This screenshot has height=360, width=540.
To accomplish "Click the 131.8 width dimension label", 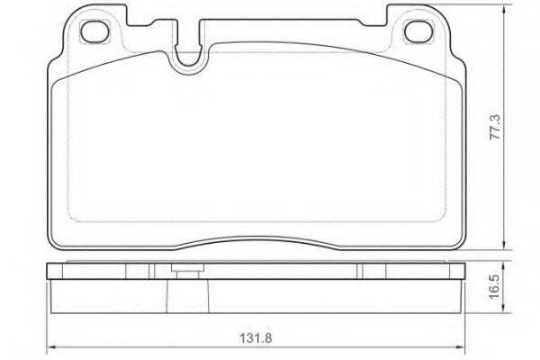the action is [x=256, y=338].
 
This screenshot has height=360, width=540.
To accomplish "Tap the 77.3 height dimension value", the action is [x=496, y=127].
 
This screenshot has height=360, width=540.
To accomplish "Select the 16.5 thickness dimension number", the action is [x=496, y=286].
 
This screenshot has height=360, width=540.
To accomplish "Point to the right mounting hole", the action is [x=418, y=31].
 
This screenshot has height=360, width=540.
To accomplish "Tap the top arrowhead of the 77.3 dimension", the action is [x=505, y=10].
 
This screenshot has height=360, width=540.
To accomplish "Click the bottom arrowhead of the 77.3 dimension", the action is [x=505, y=245].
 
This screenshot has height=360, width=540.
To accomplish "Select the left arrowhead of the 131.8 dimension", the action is [x=51, y=347].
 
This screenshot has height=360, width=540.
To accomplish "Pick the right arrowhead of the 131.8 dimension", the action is [x=461, y=347].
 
